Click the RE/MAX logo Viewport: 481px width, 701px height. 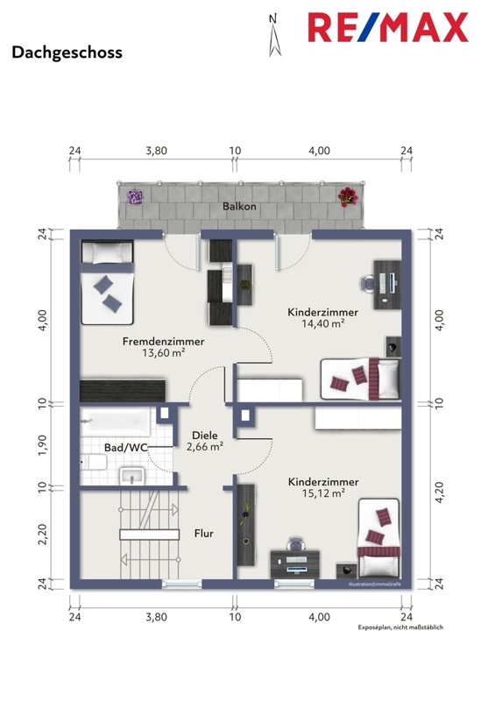tap(388, 28)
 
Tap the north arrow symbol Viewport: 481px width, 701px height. tap(274, 36)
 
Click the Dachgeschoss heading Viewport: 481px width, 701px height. tap(67, 53)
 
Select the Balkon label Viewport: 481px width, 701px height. tap(239, 206)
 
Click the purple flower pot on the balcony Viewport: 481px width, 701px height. tap(134, 196)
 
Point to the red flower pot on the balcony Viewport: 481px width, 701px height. tap(348, 196)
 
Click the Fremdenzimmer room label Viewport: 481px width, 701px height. tap(164, 342)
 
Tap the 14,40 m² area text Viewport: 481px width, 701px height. tap(322, 323)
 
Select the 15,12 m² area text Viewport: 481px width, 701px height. tap(323, 493)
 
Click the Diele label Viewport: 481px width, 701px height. tap(205, 435)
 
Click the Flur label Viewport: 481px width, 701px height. tap(204, 534)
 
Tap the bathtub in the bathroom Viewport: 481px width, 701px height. tap(115, 421)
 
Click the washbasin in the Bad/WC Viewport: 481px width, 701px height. tap(132, 476)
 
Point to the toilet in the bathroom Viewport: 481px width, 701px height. tap(94, 463)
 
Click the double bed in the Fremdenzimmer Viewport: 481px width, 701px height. tap(107, 282)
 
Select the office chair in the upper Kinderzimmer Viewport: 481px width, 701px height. tap(367, 283)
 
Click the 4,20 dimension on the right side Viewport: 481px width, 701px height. tap(439, 492)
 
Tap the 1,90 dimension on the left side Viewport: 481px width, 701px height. tap(42, 445)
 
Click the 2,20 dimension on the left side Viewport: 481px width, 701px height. tap(42, 535)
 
